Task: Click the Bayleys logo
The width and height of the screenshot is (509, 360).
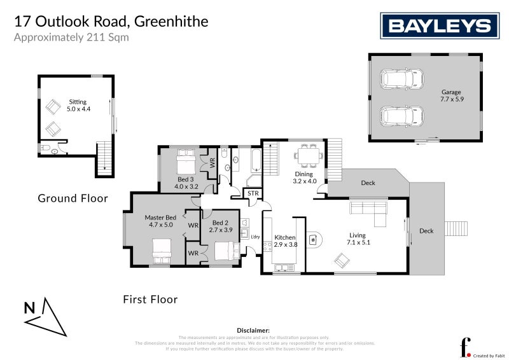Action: coord(440,26)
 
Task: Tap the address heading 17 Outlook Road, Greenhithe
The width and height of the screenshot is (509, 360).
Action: coord(111,22)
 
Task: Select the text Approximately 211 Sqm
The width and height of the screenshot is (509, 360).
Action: coord(71,37)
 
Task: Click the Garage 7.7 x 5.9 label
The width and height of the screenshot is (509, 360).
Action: coord(451,96)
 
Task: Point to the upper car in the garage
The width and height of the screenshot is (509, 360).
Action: coord(401,80)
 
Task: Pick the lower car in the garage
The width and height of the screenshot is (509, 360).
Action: coord(401,116)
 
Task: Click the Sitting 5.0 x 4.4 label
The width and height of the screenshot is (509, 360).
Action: coord(78,106)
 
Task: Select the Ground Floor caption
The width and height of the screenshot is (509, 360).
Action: coord(73,198)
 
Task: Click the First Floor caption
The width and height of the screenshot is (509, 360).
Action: coord(150,299)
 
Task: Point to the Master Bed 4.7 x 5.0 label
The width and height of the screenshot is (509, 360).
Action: coord(160,221)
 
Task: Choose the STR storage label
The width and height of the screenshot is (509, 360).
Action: coord(253,193)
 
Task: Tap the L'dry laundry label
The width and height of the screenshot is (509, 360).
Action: coord(256,237)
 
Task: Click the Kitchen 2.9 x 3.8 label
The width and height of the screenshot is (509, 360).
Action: coord(284,241)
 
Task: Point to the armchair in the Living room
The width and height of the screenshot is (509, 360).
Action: coord(342,259)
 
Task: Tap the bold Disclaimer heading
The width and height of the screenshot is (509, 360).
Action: coord(254,331)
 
